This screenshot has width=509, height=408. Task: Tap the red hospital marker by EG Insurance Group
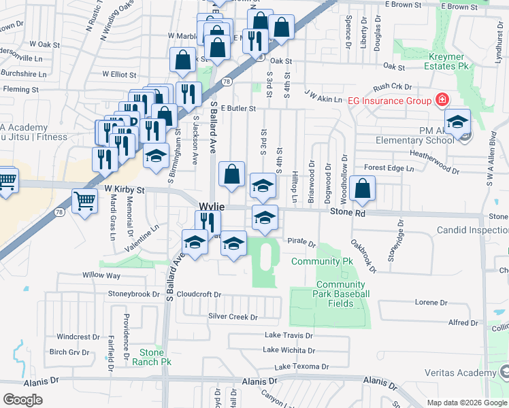442,101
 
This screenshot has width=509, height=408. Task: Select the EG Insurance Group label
389,101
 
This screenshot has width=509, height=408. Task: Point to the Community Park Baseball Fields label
342,294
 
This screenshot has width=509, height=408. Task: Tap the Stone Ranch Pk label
152,357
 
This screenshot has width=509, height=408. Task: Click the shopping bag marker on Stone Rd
364,188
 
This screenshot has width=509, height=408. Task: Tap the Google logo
22,399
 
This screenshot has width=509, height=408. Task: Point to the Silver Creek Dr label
233,317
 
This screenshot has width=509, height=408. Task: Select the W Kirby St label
125,190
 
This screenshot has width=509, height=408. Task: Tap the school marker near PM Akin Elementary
458,122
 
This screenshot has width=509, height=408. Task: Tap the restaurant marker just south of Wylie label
208,222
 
